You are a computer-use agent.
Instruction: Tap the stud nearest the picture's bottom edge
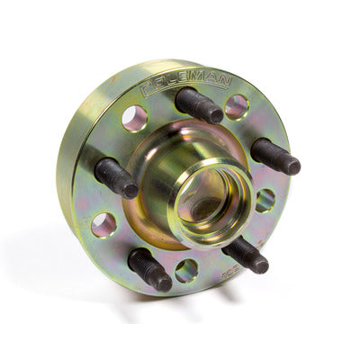pos(150,269)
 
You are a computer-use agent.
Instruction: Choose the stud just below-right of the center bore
pos(246,255)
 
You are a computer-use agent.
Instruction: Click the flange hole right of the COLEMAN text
pos(238,107)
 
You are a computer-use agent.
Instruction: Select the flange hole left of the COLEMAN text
pos(135,117)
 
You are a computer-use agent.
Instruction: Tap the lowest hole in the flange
pos(187,270)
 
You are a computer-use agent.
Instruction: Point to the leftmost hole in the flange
pos(103,224)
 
